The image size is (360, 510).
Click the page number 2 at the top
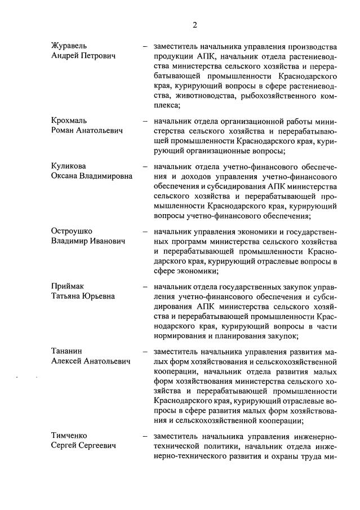(x=194, y=24)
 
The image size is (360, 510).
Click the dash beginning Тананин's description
(x=145, y=351)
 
